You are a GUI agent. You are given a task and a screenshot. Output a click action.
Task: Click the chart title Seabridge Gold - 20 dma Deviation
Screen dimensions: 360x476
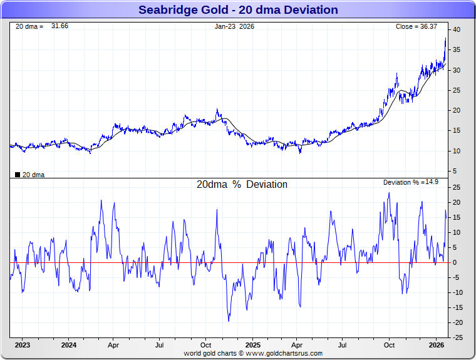(x=238, y=10)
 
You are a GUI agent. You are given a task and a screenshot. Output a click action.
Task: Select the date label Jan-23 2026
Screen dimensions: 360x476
(x=235, y=26)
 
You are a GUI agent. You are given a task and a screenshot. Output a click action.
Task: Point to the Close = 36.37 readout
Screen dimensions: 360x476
(x=416, y=26)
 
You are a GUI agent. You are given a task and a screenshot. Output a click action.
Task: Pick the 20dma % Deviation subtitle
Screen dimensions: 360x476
(x=242, y=185)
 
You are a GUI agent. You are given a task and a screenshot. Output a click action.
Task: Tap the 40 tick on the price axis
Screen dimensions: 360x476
(x=457, y=29)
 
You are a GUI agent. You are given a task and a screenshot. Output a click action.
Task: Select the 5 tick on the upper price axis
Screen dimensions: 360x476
(x=456, y=171)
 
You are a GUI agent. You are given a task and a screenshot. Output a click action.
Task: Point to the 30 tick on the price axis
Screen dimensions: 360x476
(x=457, y=70)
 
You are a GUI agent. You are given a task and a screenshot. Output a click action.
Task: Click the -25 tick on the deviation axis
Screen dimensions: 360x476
(x=457, y=337)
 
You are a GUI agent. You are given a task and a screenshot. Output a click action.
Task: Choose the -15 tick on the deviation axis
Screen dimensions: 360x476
(x=457, y=307)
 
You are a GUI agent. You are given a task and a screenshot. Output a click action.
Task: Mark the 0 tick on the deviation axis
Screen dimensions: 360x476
(x=455, y=262)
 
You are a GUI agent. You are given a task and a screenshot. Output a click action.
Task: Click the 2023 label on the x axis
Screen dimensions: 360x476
(x=23, y=345)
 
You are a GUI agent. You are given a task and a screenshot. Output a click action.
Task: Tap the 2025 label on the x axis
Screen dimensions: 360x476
(x=253, y=345)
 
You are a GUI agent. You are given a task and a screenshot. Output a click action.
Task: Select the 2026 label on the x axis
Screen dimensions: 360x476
(x=437, y=345)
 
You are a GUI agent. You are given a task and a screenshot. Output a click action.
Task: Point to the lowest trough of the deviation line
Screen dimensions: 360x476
(x=229, y=321)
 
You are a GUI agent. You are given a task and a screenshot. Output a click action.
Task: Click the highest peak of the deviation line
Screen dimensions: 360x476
(x=389, y=192)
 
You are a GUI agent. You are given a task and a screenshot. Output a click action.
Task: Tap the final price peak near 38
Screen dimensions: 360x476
(x=445, y=38)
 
